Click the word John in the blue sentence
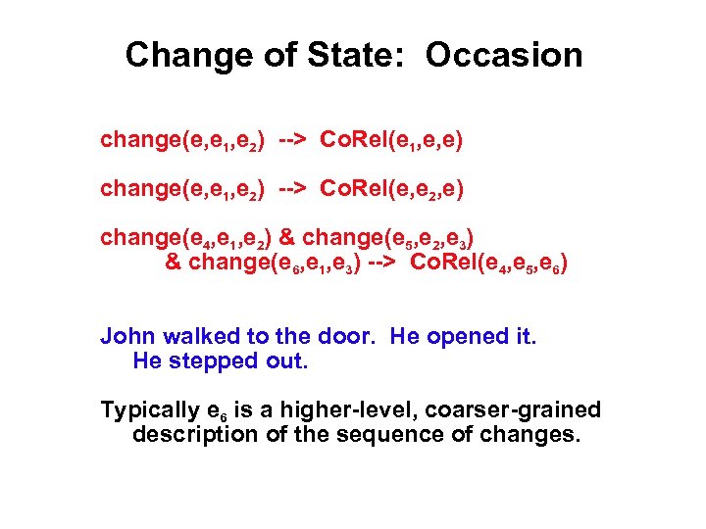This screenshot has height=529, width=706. [x=128, y=337]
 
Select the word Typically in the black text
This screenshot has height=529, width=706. [x=146, y=410]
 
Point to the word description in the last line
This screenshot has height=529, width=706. [x=193, y=434]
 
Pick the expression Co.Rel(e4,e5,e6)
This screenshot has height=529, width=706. [x=488, y=264]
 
